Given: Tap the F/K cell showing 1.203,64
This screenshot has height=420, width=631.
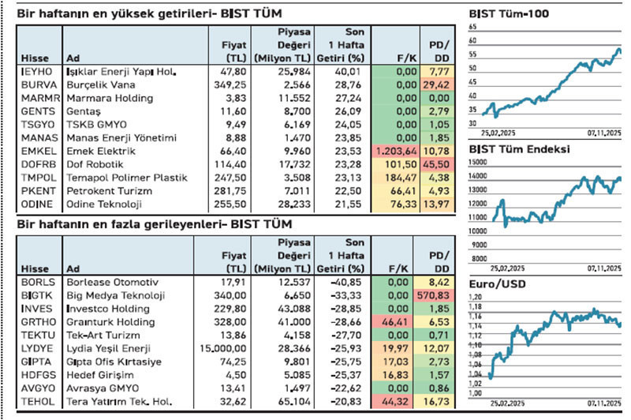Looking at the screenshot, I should pyautogui.click(x=394, y=150).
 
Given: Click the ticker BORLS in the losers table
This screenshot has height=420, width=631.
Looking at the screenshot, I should pyautogui.click(x=36, y=282).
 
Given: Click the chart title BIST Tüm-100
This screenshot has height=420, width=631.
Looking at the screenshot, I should pyautogui.click(x=509, y=13).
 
